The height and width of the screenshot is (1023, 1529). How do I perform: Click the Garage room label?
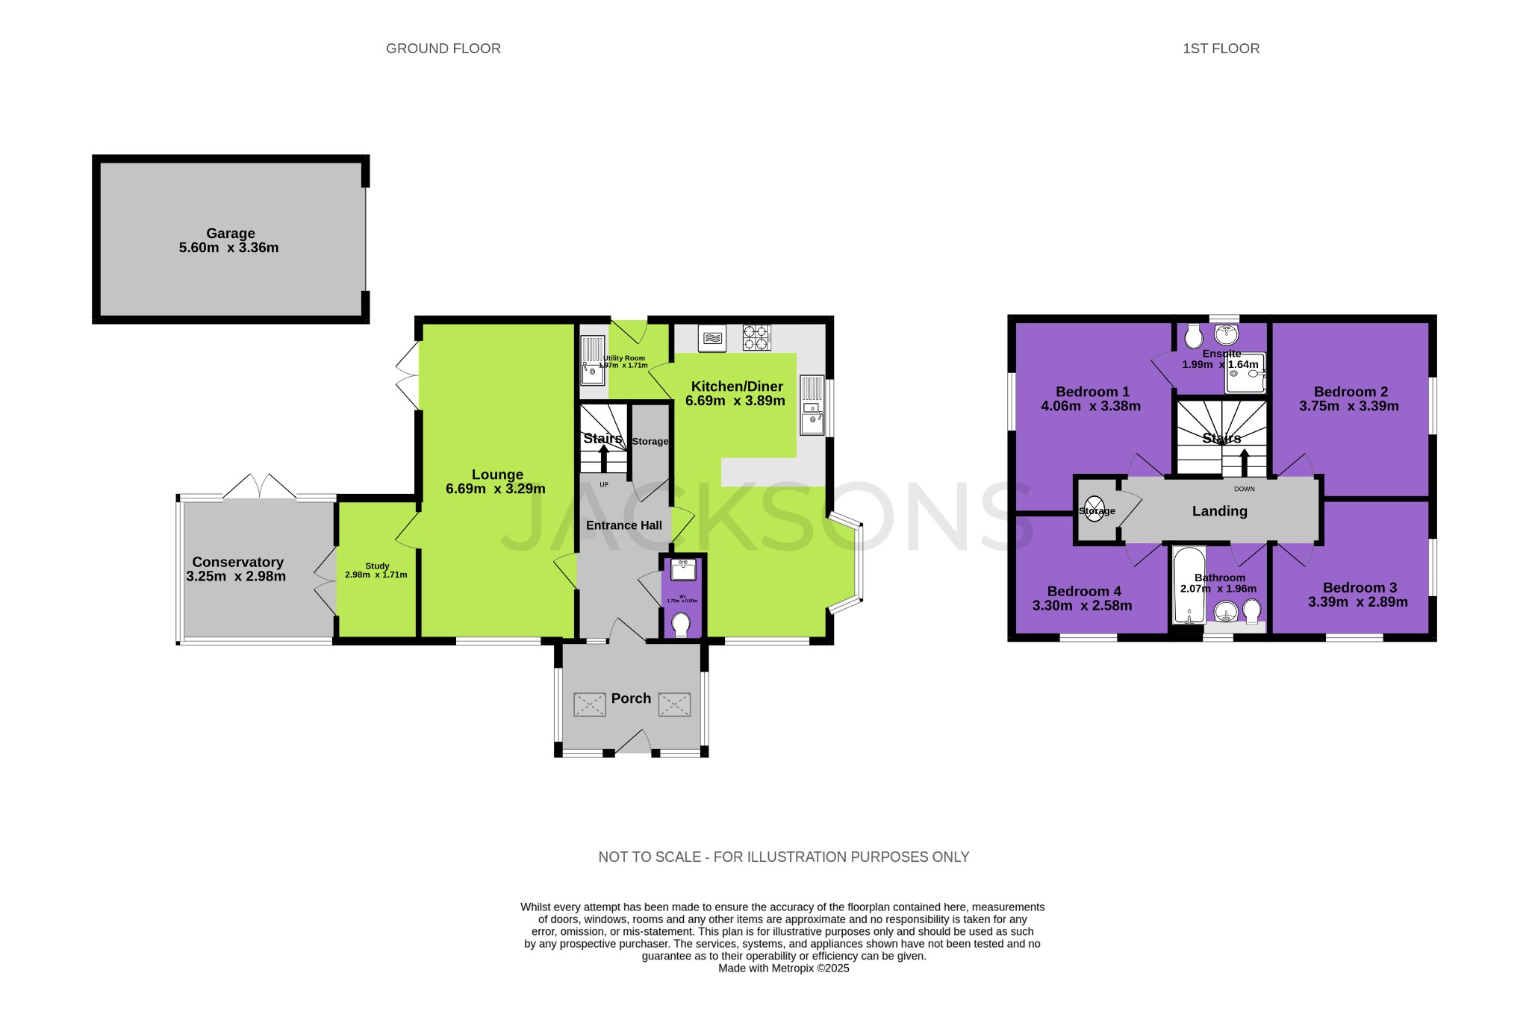tap(231, 234)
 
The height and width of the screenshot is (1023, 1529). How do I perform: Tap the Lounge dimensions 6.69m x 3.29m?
tap(496, 489)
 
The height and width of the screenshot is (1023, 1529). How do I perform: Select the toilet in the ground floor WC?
tap(681, 624)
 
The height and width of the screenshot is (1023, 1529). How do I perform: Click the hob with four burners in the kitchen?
tap(756, 338)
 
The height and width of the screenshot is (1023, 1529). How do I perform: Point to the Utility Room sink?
tap(593, 360)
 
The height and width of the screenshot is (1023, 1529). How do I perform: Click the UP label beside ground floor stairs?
tap(604, 485)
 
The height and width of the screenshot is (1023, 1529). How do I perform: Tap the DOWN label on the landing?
tap(1244, 489)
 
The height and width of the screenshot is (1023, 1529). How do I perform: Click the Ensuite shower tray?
tap(1245, 373)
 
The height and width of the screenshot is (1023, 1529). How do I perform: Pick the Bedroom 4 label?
tap(1083, 592)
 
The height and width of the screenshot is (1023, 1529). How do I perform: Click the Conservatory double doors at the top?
tap(260, 487)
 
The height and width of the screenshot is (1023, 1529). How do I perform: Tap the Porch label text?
tap(631, 698)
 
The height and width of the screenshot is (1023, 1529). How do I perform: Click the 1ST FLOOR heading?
tap(1221, 49)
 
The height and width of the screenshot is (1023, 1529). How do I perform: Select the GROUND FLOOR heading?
tap(443, 49)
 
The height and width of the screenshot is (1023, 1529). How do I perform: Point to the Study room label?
tap(377, 566)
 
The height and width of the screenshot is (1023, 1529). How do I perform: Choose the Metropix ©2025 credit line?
tap(783, 969)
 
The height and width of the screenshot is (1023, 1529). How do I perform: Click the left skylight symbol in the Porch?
tap(589, 704)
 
